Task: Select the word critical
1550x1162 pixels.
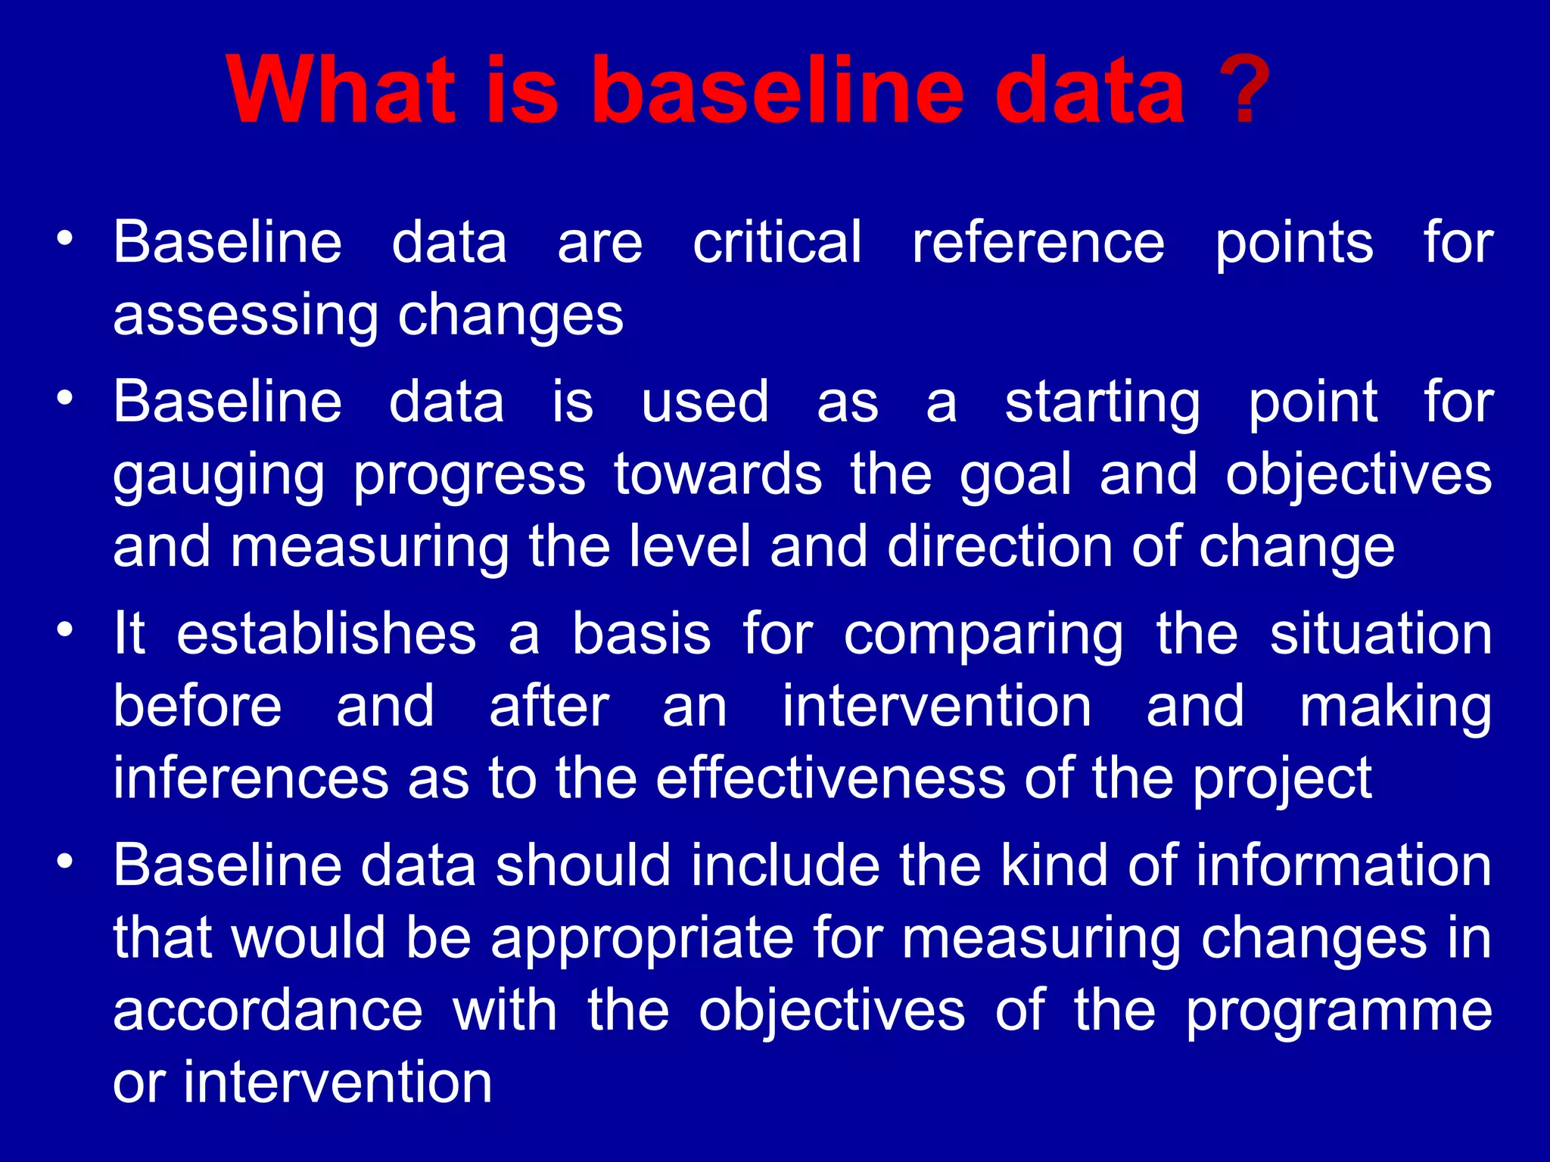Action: [x=777, y=242]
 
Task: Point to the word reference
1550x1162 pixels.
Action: [x=1038, y=242]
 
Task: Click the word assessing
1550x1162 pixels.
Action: [x=245, y=315]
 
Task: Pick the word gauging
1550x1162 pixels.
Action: [x=219, y=476]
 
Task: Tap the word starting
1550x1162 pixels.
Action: [x=1102, y=402]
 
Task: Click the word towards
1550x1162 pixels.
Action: [x=717, y=474]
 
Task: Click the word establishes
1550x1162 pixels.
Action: [x=326, y=634]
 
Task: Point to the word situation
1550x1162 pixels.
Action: [x=1380, y=634]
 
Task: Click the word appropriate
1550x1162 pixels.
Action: [x=643, y=939]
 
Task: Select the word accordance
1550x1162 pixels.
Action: [x=267, y=1011]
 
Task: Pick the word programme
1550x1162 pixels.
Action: [x=1338, y=1012]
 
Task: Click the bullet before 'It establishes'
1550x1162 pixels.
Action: [x=66, y=629]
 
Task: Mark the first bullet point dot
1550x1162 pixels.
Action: [x=66, y=238]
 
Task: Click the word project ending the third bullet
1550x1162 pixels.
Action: [x=1282, y=779]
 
